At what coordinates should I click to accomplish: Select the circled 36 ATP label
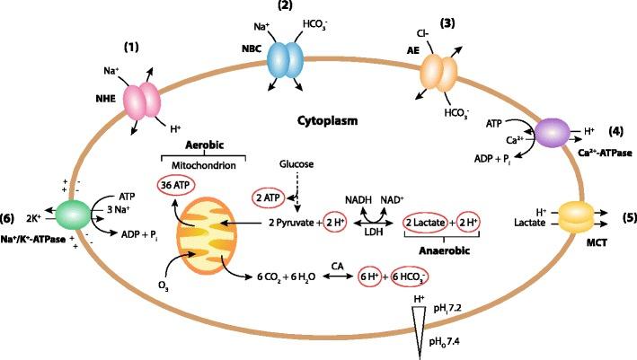tap(176, 184)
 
